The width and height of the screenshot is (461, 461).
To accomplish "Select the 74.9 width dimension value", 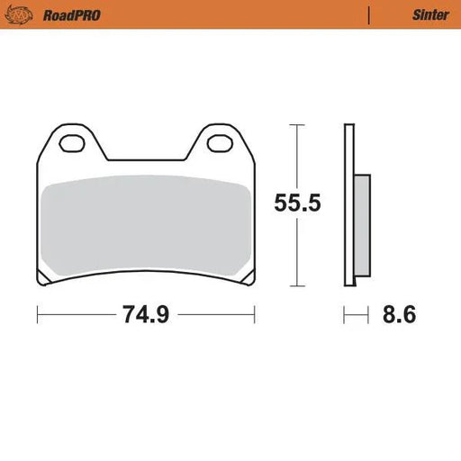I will [145, 315].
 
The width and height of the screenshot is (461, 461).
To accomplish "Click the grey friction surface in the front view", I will [145, 225].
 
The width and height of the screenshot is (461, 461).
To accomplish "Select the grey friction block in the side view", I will [361, 226].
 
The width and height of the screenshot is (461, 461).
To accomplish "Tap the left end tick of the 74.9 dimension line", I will [37, 315].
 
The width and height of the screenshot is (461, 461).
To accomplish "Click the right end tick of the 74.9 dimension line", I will [255, 315].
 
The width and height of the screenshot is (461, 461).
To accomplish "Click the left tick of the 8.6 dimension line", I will [344, 315].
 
